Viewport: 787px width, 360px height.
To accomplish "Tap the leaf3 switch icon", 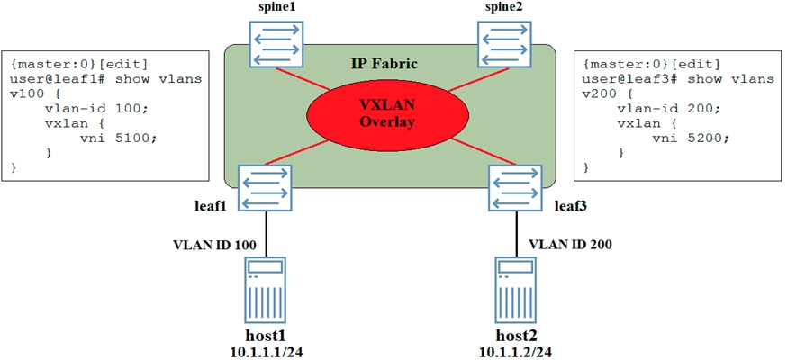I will pos(515,186).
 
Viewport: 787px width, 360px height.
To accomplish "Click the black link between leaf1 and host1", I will pos(267,232).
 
